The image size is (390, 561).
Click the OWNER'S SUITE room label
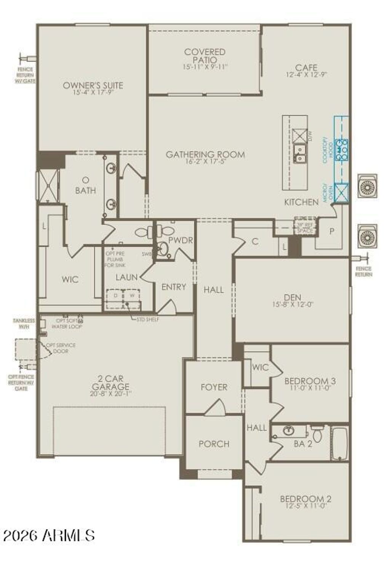[93, 85]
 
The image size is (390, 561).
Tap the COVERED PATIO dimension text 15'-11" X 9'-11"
[205, 67]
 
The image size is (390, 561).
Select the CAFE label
[306, 68]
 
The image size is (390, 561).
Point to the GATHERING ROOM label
[205, 154]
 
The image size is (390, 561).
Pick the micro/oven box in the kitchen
[341, 192]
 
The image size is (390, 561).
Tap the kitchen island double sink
[300, 153]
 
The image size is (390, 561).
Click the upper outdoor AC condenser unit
[368, 186]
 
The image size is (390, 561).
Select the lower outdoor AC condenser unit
[368, 235]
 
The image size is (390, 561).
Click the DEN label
[292, 297]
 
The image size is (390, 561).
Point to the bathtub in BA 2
[339, 444]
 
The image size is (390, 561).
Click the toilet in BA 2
[317, 434]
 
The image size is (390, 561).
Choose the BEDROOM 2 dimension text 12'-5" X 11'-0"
[305, 506]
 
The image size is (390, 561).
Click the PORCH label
[214, 444]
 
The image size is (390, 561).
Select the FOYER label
[214, 387]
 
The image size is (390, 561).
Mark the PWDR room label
[181, 241]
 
